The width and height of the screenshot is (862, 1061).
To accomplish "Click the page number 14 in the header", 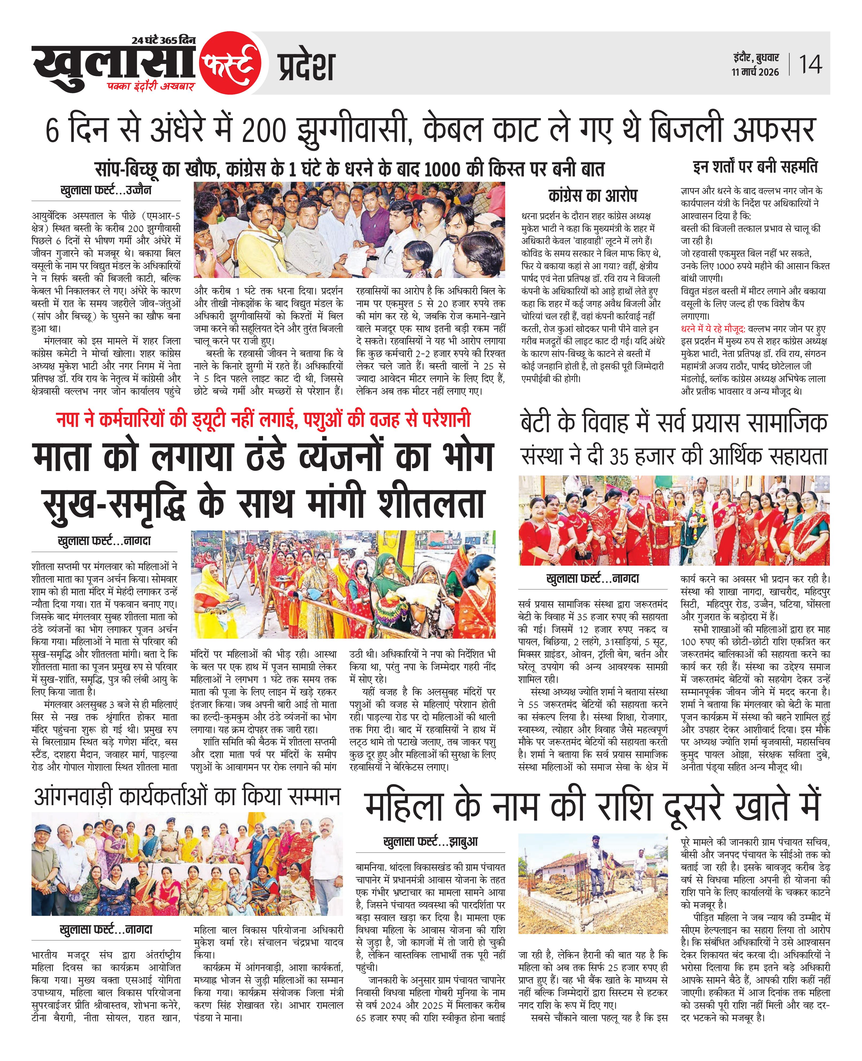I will coord(810,64).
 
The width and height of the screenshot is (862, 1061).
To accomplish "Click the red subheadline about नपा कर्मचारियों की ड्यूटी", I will coord(263,420).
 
